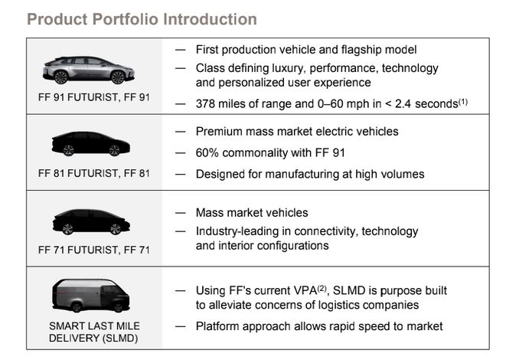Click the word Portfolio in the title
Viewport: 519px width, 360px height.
tap(126, 19)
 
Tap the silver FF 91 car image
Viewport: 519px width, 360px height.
tap(88, 70)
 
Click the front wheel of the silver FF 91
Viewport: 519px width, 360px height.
tap(118, 77)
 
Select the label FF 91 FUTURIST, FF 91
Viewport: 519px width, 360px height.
tap(94, 97)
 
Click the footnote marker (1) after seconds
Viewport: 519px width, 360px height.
tap(463, 102)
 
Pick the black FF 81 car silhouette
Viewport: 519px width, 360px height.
tap(90, 144)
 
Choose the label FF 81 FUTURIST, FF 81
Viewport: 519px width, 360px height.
tap(94, 174)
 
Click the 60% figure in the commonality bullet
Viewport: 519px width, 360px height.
tap(207, 153)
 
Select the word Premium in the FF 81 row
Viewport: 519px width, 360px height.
tap(218, 132)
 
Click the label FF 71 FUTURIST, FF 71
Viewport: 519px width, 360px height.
tap(94, 250)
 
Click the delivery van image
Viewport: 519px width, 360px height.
tap(90, 296)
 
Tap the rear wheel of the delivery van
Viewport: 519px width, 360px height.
tap(77, 307)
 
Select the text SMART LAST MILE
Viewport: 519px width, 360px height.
tap(94, 326)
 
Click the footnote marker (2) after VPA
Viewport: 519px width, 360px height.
tap(322, 289)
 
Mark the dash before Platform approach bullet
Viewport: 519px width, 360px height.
tap(181, 326)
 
